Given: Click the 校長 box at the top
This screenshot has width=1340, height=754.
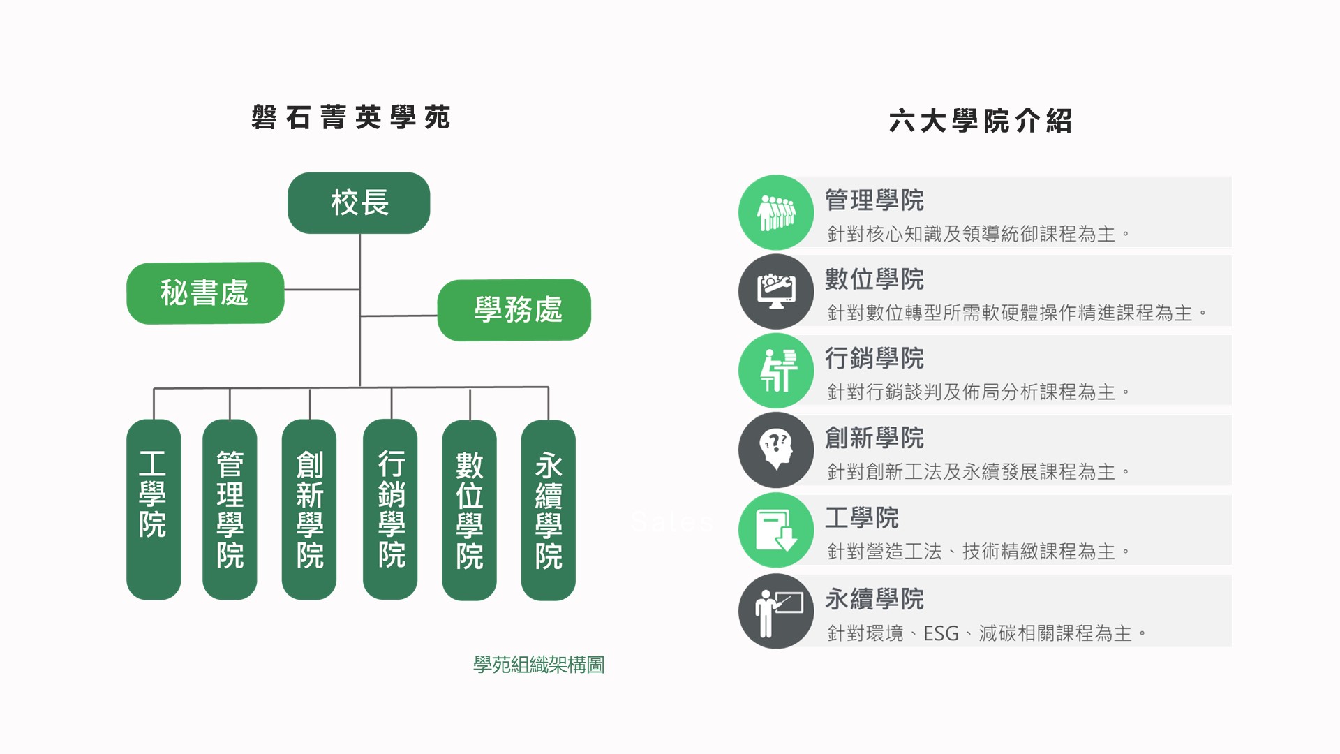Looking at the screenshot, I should (x=359, y=203).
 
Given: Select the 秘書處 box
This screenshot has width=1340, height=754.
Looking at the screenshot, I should (x=205, y=293).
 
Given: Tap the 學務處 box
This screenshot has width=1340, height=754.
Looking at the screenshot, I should (x=514, y=310).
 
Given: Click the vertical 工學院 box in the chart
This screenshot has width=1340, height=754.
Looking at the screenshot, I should (x=154, y=509).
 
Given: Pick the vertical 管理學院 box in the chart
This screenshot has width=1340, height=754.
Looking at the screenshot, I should (x=230, y=509).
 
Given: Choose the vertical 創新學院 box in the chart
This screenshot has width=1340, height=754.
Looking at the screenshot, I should (x=309, y=509).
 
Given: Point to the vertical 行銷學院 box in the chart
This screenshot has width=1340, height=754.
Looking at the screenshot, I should (x=390, y=509).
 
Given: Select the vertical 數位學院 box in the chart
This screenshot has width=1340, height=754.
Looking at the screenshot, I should (x=470, y=510).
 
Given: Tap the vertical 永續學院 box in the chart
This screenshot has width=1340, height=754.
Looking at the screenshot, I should (x=549, y=510).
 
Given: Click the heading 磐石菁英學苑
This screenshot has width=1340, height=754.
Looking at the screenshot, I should (x=351, y=117).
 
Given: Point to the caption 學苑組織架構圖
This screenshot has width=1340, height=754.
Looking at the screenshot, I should (x=539, y=665).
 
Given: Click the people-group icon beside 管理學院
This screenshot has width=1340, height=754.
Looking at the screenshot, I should (x=776, y=213).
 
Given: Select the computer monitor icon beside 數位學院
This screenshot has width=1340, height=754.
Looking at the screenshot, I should (x=776, y=292).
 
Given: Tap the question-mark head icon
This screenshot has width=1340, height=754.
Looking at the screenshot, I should (x=776, y=450).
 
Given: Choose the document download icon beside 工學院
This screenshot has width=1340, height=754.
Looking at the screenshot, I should (x=776, y=530).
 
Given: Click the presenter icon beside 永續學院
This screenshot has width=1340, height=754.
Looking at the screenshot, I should (x=776, y=612).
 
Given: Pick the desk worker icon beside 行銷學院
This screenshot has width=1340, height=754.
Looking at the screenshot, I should (x=776, y=371).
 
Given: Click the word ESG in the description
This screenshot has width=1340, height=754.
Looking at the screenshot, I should (x=941, y=634).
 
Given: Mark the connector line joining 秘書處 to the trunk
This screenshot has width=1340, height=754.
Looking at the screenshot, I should (x=322, y=289).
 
